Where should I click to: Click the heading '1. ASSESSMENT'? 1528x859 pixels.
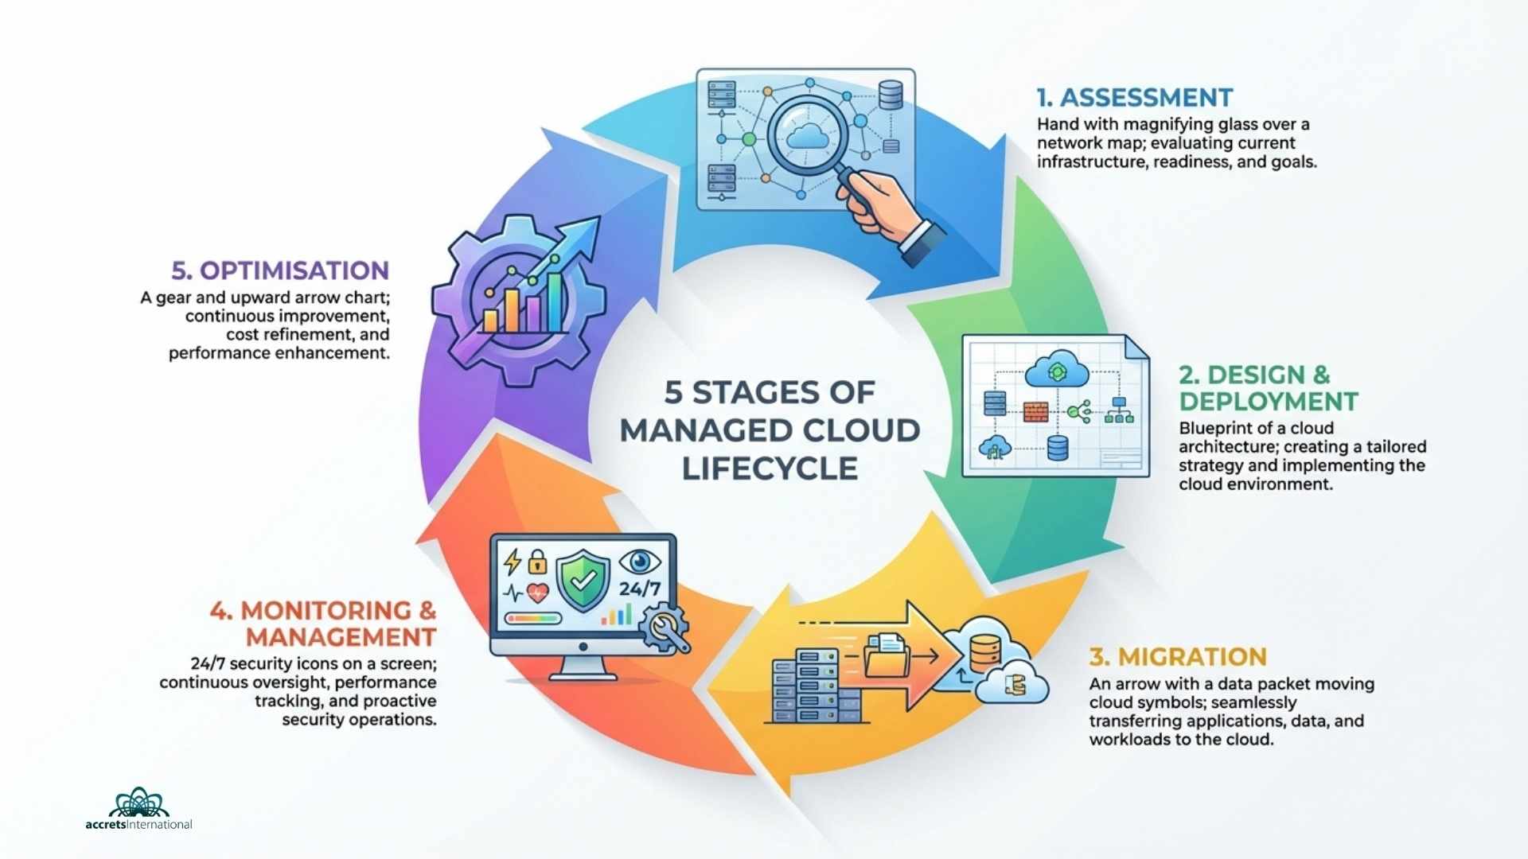pyautogui.click(x=1134, y=98)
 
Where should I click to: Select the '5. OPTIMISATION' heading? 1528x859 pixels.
pyautogui.click(x=280, y=270)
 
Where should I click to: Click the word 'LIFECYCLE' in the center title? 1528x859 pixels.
pyautogui.click(x=770, y=468)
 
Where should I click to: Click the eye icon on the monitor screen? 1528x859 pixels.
pyautogui.click(x=639, y=562)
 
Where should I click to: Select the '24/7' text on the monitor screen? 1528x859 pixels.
pyautogui.click(x=640, y=589)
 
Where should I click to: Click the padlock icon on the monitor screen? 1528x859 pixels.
pyautogui.click(x=538, y=562)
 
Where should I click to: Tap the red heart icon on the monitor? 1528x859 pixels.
pyautogui.click(x=538, y=593)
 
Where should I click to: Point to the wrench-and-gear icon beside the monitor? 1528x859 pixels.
pyautogui.click(x=665, y=628)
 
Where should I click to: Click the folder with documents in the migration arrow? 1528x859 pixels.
pyautogui.click(x=887, y=654)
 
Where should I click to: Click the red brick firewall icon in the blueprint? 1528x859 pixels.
pyautogui.click(x=1035, y=411)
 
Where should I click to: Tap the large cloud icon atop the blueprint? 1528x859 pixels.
pyautogui.click(x=1057, y=370)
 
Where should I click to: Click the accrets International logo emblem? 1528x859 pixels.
pyautogui.click(x=139, y=803)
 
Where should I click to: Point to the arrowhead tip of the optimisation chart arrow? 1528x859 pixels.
pyautogui.click(x=592, y=224)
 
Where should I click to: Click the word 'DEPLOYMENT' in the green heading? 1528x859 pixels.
pyautogui.click(x=1269, y=402)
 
